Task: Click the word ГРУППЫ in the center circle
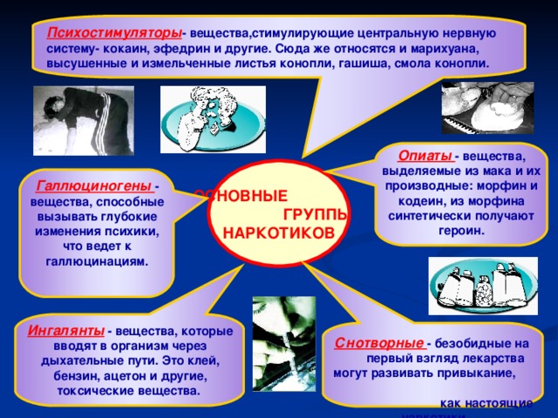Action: pos(316,215)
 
